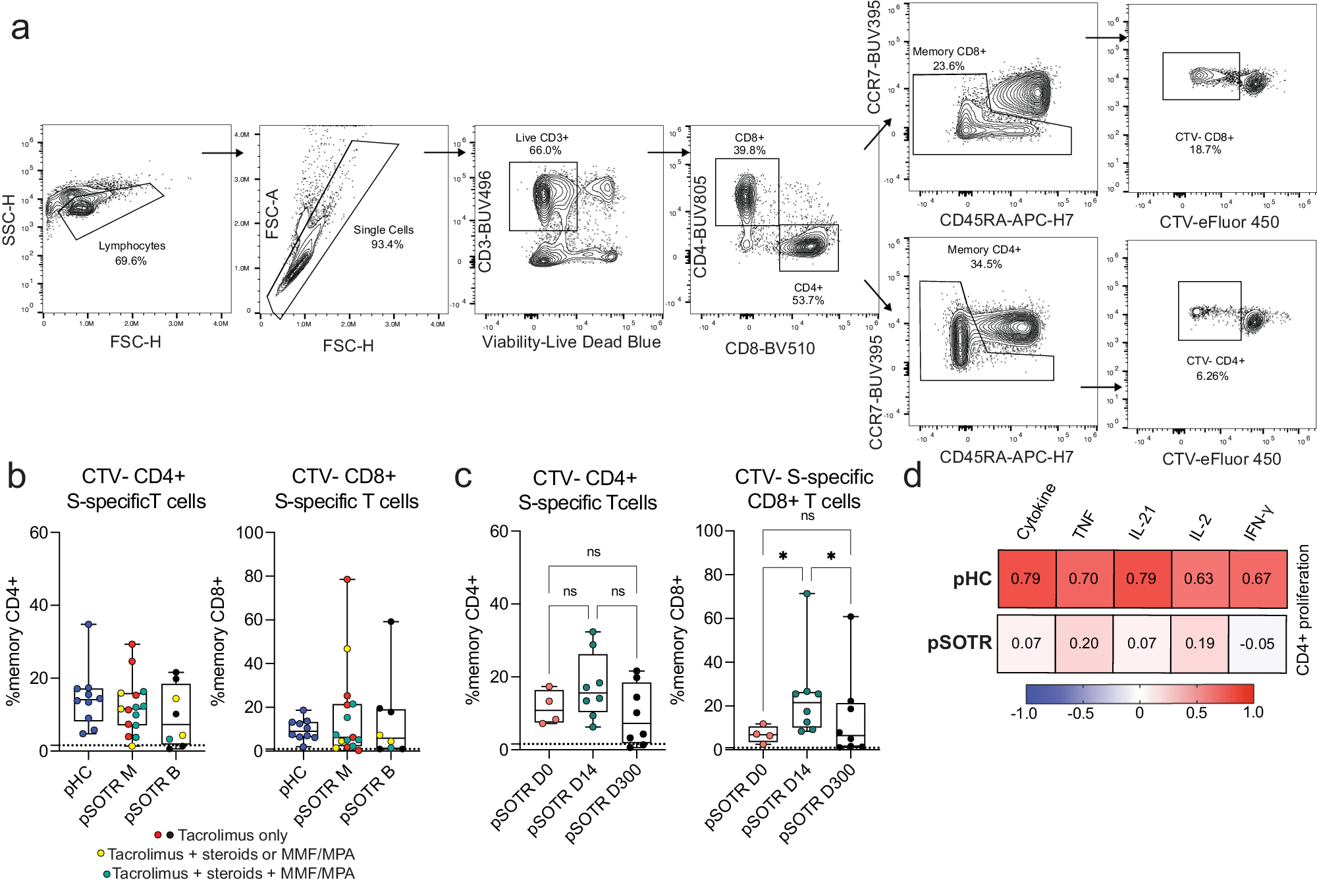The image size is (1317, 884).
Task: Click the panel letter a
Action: [20, 29]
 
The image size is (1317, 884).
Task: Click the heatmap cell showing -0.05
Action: [1256, 644]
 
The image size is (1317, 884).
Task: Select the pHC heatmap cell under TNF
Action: [1083, 579]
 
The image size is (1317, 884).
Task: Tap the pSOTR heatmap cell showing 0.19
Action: [1199, 644]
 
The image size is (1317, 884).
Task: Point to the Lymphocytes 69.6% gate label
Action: [132, 253]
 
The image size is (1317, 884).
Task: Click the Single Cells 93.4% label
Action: [384, 237]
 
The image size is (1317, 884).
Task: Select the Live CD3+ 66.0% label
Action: [543, 144]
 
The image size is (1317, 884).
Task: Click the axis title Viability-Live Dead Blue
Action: [571, 342]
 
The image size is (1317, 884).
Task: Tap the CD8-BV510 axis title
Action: [770, 349]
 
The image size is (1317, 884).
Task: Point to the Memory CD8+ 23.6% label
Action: [949, 59]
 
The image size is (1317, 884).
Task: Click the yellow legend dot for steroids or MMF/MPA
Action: [101, 854]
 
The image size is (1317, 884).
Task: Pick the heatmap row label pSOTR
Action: [959, 642]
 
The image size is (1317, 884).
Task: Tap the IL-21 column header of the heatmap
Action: [1142, 522]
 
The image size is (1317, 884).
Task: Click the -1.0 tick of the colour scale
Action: [1024, 714]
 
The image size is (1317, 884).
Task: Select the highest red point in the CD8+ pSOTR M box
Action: [347, 579]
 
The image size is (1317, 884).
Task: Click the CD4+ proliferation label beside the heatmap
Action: [1303, 610]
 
